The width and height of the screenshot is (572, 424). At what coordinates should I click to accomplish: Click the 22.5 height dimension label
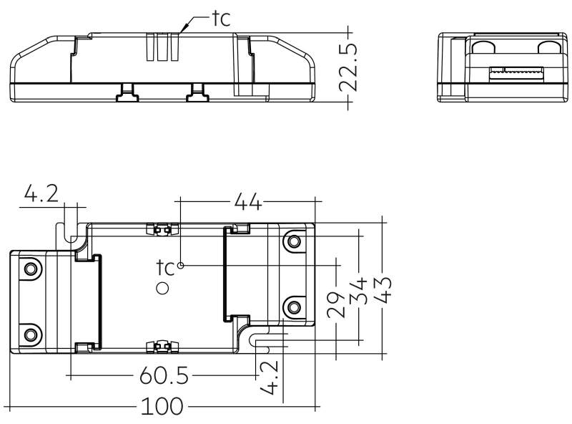(x=348, y=67)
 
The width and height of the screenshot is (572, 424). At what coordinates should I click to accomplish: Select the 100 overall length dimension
(x=162, y=406)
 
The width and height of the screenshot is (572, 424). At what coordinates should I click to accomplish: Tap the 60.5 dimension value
(x=164, y=375)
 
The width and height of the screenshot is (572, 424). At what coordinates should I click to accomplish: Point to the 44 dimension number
(x=248, y=201)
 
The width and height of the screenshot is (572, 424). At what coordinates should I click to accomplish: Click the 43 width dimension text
(x=383, y=290)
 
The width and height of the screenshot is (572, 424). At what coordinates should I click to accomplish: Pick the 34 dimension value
(x=358, y=291)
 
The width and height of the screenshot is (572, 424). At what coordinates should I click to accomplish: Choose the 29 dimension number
(x=335, y=304)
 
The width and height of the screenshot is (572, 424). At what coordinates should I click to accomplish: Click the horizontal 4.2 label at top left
(x=41, y=193)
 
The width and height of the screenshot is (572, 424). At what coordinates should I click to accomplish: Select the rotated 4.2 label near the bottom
(x=270, y=377)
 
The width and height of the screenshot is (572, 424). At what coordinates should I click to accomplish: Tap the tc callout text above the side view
(x=222, y=19)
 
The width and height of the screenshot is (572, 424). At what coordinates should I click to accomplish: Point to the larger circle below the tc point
(x=162, y=289)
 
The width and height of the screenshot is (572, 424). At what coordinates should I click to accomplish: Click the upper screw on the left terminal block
(x=31, y=269)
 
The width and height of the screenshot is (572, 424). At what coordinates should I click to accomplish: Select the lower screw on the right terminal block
(x=294, y=307)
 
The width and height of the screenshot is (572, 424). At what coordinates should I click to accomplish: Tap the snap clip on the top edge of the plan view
(x=162, y=229)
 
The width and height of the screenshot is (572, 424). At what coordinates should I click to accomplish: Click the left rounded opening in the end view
(x=483, y=47)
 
